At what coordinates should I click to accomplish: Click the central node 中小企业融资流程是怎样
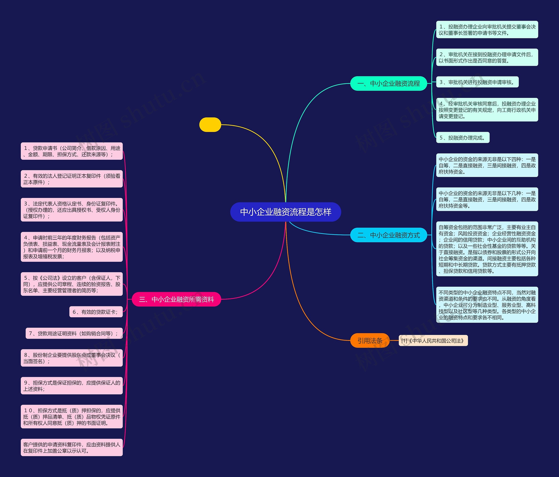(x=285, y=212)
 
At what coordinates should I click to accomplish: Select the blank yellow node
(x=210, y=125)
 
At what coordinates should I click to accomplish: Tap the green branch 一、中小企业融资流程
(x=388, y=83)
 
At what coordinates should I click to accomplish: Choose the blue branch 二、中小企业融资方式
(x=388, y=235)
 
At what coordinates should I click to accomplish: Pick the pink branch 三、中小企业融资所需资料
(x=176, y=299)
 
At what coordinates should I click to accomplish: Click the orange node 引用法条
(x=370, y=341)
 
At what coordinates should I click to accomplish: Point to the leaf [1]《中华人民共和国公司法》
(x=433, y=341)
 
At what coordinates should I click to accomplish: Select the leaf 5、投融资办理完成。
(x=462, y=138)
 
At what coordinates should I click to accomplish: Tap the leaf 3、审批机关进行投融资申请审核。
(x=477, y=82)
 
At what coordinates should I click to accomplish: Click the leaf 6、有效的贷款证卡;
(x=96, y=312)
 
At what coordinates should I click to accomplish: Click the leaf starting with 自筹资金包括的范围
(x=487, y=249)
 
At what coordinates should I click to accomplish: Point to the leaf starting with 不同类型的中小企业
(x=487, y=305)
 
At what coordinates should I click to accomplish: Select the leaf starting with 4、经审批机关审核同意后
(x=487, y=110)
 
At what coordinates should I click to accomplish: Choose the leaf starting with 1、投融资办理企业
(x=487, y=30)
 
